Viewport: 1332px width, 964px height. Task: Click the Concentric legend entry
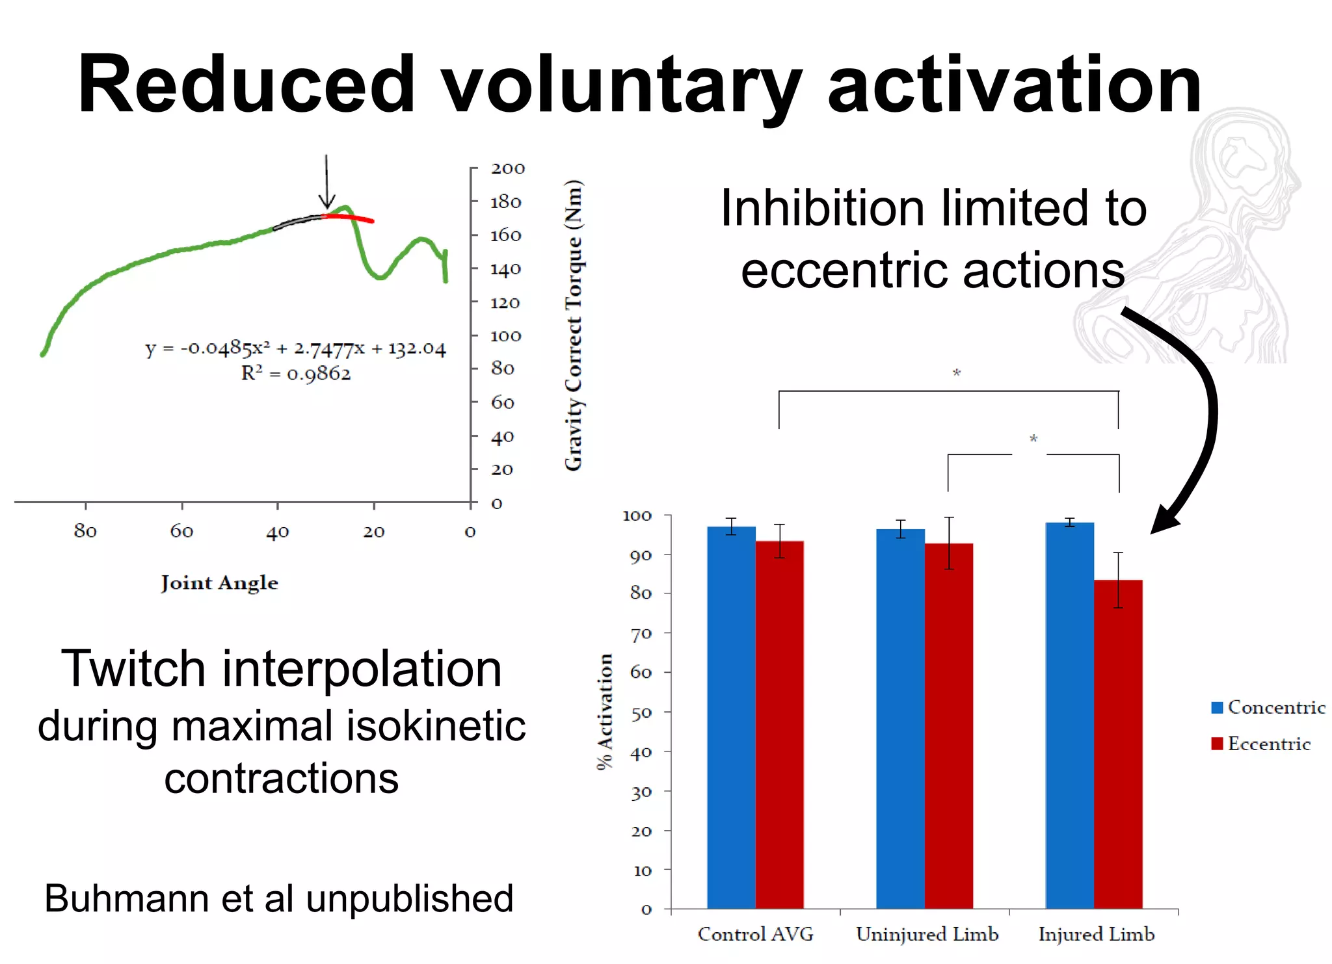click(x=1268, y=707)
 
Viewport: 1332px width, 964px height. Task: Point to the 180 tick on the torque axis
click(x=506, y=202)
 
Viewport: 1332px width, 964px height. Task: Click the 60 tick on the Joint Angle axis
click(x=182, y=531)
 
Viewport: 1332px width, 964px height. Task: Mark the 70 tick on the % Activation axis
click(x=641, y=633)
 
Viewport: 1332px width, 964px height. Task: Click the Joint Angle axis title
click(x=220, y=582)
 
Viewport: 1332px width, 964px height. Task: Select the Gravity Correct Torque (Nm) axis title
click(x=574, y=325)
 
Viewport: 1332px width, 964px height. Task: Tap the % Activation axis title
click(x=605, y=711)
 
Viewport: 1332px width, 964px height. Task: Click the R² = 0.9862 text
click(x=296, y=374)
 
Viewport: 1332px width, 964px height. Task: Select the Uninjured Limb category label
click(x=927, y=934)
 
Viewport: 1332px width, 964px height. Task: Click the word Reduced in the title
click(x=246, y=85)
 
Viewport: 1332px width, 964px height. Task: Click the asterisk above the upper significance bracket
click(x=957, y=373)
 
